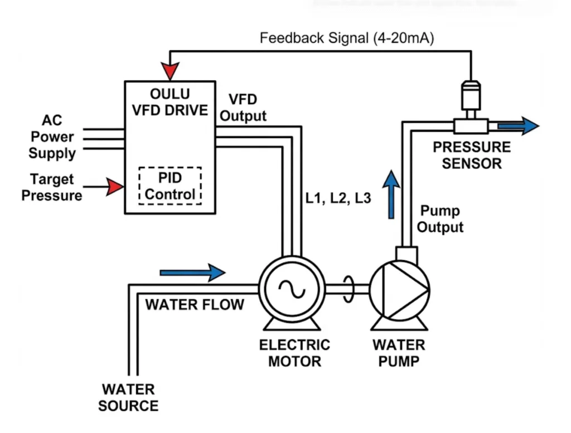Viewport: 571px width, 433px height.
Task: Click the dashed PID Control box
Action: pyautogui.click(x=170, y=186)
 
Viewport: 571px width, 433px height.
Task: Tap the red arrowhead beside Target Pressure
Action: pyautogui.click(x=116, y=187)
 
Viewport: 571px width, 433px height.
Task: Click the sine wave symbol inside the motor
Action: pyautogui.click(x=292, y=288)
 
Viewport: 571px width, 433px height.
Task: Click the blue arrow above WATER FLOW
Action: pyautogui.click(x=192, y=273)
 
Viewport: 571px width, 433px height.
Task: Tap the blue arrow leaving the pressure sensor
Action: pyautogui.click(x=518, y=126)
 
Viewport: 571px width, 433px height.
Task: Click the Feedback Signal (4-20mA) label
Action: pyautogui.click(x=347, y=39)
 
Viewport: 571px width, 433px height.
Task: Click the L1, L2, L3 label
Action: pyautogui.click(x=338, y=198)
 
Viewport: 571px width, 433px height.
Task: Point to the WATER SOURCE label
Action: pyautogui.click(x=128, y=397)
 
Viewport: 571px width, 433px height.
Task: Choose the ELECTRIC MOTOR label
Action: pyautogui.click(x=294, y=353)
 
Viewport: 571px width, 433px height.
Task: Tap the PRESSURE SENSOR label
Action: pyautogui.click(x=472, y=155)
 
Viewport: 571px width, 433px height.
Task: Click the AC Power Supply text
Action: pyautogui.click(x=52, y=137)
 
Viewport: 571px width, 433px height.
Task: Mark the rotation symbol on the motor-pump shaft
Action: pyautogui.click(x=350, y=289)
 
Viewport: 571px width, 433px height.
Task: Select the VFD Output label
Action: pyautogui.click(x=243, y=108)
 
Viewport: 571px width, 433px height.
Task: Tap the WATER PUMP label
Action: pyautogui.click(x=399, y=353)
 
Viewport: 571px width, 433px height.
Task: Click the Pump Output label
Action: pyautogui.click(x=441, y=219)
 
